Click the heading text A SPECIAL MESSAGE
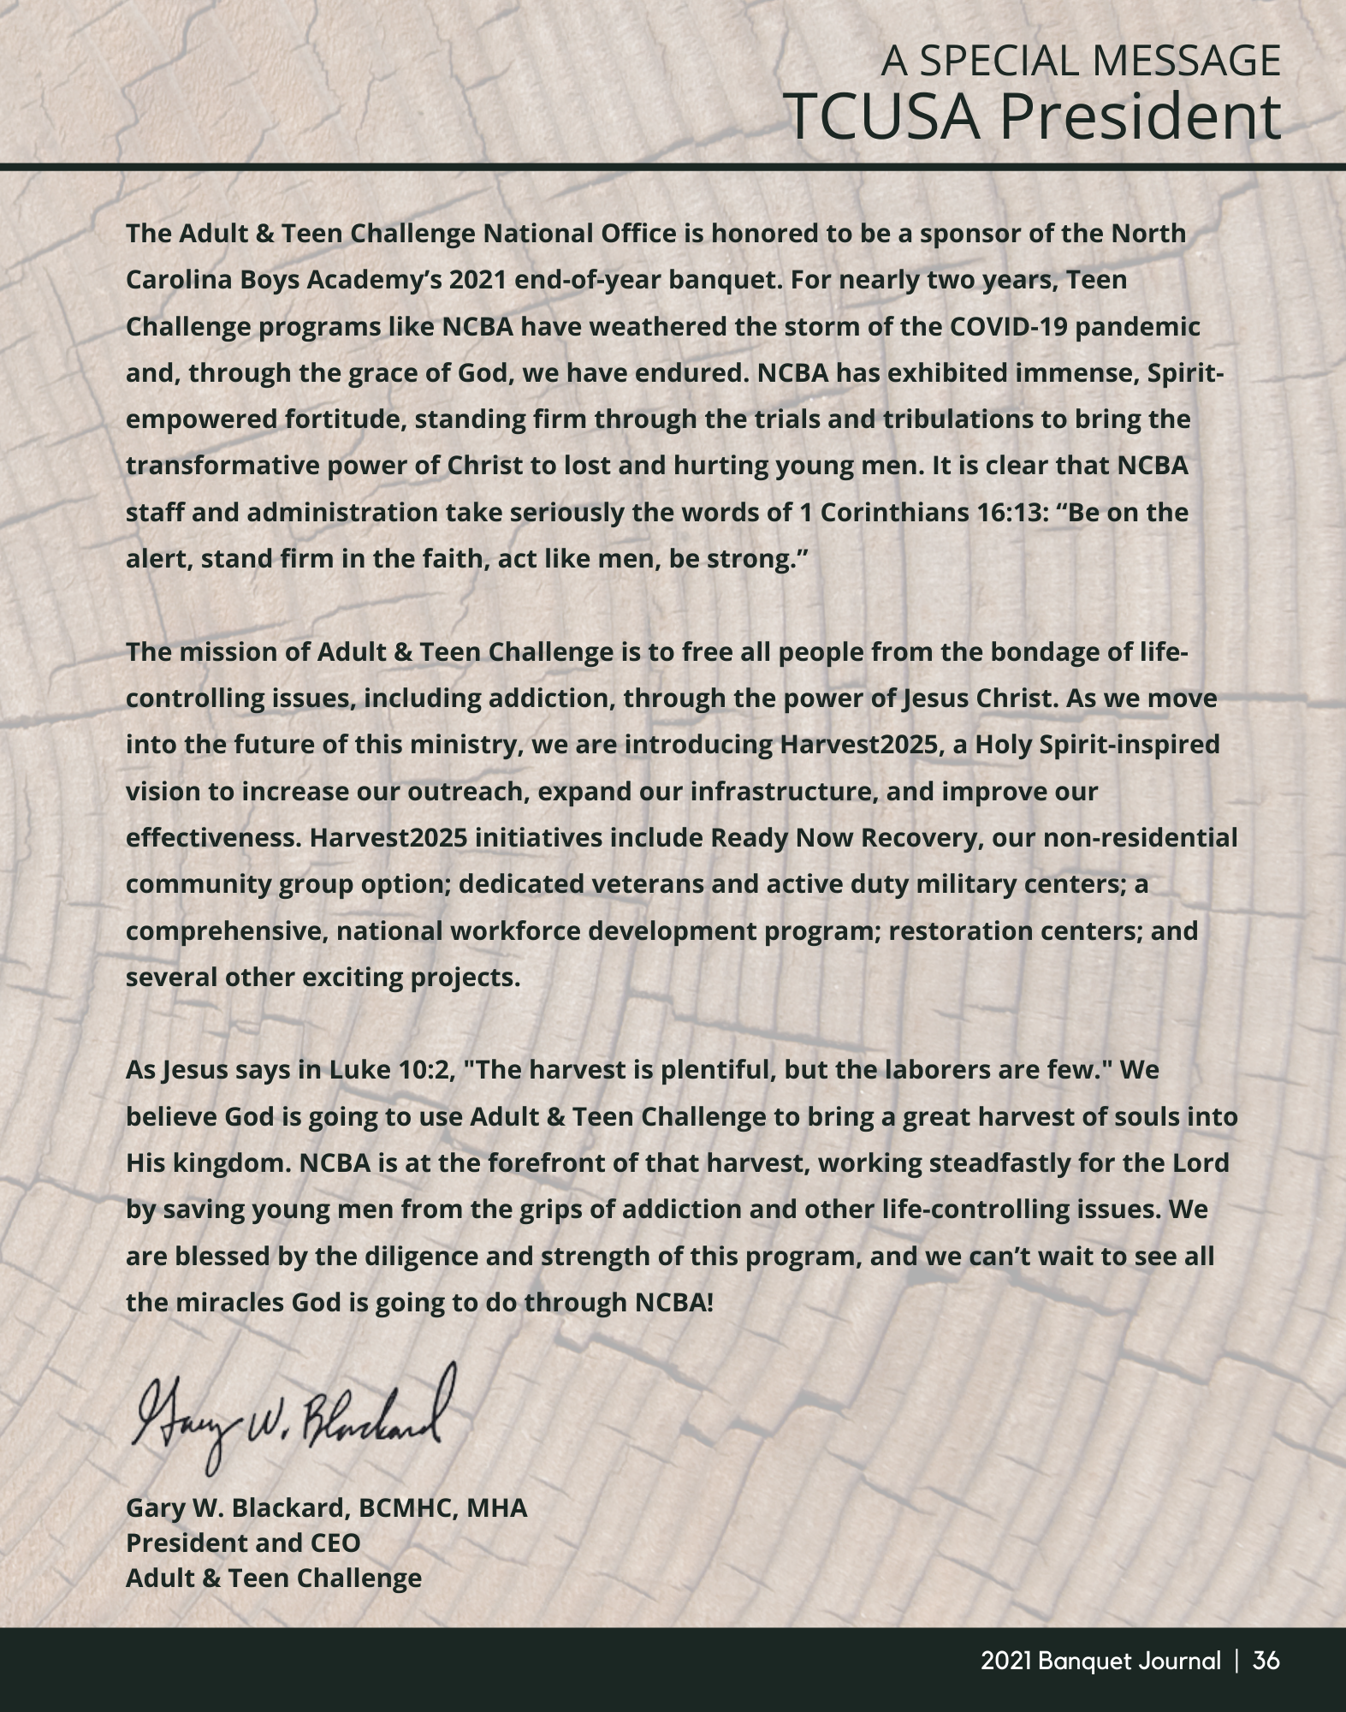pos(1081,61)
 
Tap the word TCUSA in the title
pos(882,116)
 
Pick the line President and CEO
pos(243,1543)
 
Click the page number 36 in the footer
pos(1266,1661)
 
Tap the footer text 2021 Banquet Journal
pos(1100,1661)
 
